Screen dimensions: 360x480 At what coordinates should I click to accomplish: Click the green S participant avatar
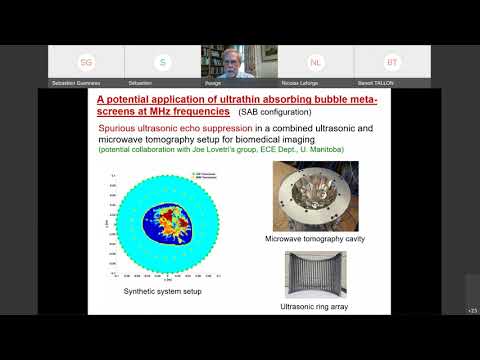(x=162, y=62)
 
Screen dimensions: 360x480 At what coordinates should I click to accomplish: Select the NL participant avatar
(x=316, y=62)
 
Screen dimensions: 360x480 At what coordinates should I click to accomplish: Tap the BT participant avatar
(x=392, y=62)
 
